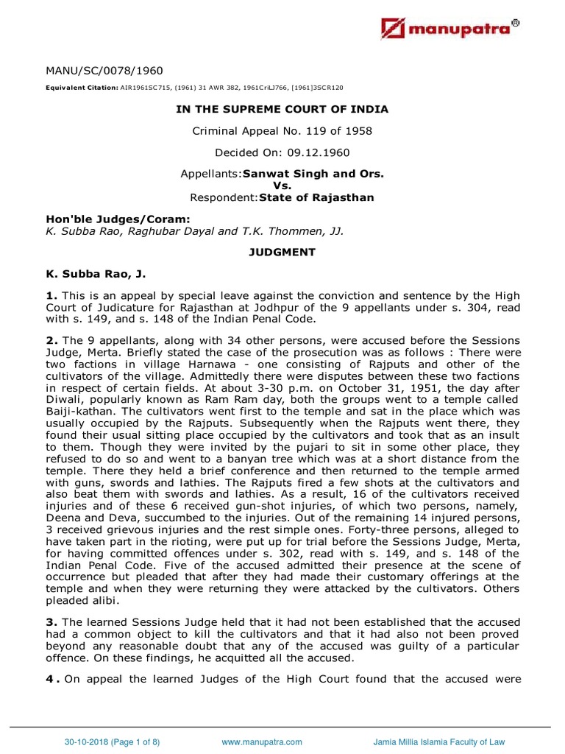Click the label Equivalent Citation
tap(76, 88)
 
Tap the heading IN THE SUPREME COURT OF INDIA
tap(282, 109)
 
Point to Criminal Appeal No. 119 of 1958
tap(282, 131)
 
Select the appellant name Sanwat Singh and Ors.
tap(326, 175)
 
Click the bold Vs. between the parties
tap(282, 186)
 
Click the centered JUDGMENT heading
tap(282, 252)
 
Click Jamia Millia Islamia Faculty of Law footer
tap(439, 742)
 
